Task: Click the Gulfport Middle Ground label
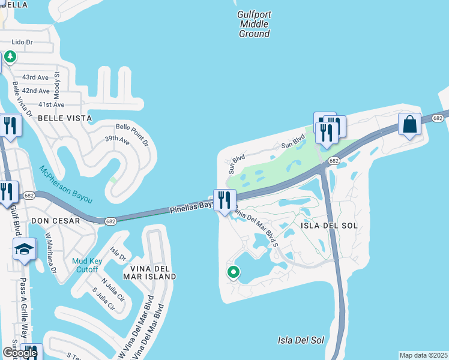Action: point(255,24)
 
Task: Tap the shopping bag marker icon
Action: point(410,125)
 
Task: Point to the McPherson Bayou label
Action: point(66,178)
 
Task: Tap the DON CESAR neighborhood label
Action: point(55,221)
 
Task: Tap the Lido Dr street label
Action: point(23,43)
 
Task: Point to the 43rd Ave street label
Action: point(35,77)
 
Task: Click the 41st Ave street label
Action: point(51,104)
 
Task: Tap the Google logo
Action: point(19,353)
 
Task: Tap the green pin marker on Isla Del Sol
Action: point(234,272)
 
